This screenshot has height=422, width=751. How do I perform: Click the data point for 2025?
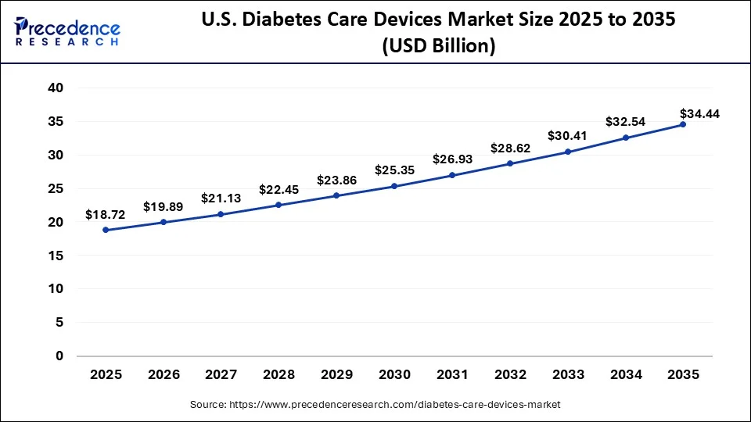(106, 230)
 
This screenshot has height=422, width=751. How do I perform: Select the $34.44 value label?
(699, 113)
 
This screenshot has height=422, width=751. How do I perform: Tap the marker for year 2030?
(394, 186)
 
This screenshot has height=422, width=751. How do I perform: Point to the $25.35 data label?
(394, 170)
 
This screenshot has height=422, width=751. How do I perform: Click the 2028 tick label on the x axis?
(278, 375)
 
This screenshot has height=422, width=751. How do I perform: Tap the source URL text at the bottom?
(375, 404)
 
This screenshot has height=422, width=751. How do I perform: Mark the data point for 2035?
(683, 124)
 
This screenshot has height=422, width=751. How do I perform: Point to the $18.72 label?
(106, 213)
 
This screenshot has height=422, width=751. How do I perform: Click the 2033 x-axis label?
(567, 375)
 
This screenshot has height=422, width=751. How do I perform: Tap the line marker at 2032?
(509, 163)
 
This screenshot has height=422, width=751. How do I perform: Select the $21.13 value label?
(221, 198)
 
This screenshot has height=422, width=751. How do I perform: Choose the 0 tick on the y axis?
(59, 356)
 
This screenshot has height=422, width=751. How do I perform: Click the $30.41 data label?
(567, 135)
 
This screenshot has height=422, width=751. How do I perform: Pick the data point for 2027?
(221, 214)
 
